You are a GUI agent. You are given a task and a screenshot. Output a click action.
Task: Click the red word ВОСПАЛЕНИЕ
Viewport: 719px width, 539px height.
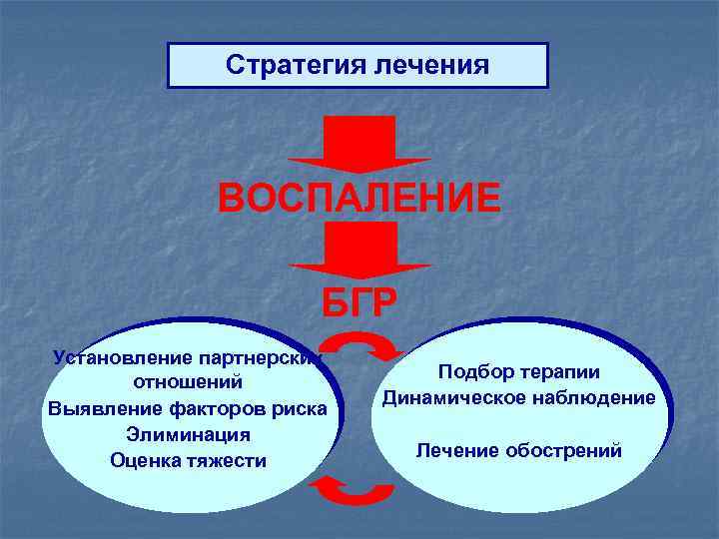coord(359,198)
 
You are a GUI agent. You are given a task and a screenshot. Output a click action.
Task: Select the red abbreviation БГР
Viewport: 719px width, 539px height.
coord(359,300)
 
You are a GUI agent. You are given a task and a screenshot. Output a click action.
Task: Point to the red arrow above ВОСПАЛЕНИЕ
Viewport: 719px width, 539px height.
coord(359,146)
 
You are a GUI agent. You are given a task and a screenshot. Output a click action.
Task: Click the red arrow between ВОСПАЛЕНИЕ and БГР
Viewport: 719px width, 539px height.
coord(359,249)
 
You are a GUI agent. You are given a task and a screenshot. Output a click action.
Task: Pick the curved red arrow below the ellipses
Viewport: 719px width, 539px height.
coord(354,488)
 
